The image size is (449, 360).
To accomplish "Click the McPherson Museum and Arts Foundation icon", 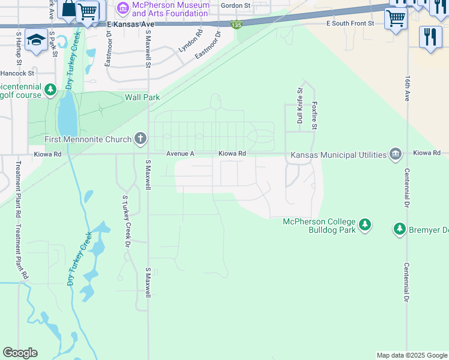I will point(124,8).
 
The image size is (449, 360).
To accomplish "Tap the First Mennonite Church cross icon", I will point(140,139).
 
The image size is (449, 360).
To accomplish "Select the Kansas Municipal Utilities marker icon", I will point(396,154).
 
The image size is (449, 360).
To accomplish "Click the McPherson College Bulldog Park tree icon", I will point(364,226).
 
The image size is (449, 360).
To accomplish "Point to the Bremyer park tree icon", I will point(400,229).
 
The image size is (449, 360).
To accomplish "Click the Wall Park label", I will point(142,97).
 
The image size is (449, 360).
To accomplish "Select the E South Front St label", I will point(350,23).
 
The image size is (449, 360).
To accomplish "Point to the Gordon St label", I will point(235,5).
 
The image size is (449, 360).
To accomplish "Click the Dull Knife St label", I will point(300,105).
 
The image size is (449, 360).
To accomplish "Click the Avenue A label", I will point(181,154).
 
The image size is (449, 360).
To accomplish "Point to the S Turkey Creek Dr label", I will point(126,221).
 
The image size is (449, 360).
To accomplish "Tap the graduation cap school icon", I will point(36,40).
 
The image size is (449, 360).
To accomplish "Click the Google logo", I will point(20,353).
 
